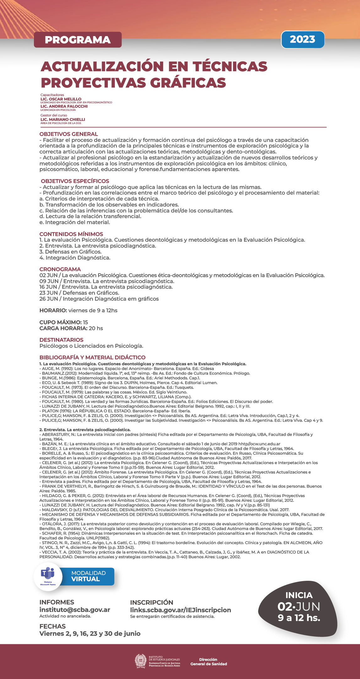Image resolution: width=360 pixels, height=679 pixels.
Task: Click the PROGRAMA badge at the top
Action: click(x=78, y=40)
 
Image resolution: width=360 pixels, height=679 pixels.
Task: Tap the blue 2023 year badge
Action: click(x=303, y=39)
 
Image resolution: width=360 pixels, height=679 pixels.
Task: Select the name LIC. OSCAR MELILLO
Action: click(x=61, y=99)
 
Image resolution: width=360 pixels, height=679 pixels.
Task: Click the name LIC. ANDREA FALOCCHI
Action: click(x=64, y=106)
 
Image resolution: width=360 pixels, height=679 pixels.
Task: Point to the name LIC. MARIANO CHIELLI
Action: click(x=63, y=120)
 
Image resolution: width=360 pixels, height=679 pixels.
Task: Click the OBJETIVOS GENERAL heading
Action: click(x=69, y=134)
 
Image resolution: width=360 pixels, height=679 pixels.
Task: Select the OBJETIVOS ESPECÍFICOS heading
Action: click(x=75, y=181)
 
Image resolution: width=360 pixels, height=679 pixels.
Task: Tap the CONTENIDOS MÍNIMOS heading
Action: click(x=71, y=234)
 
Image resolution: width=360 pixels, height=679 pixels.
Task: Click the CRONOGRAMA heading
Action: click(x=60, y=269)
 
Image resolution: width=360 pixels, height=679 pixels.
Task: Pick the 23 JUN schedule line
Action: click(x=79, y=293)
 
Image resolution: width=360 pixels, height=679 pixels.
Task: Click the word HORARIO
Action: click(x=53, y=310)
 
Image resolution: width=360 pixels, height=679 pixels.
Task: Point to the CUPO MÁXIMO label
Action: click(x=60, y=322)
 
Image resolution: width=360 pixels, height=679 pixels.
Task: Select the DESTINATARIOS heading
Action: click(x=62, y=340)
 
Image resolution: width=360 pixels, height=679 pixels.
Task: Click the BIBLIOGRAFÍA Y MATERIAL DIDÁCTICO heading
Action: click(x=93, y=357)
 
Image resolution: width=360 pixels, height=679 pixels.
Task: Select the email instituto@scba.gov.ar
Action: click(x=75, y=610)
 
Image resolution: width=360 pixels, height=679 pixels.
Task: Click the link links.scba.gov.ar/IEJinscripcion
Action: click(x=180, y=610)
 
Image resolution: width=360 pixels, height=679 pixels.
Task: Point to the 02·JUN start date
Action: click(x=298, y=607)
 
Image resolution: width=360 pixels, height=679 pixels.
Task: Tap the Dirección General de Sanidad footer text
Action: click(x=208, y=661)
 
